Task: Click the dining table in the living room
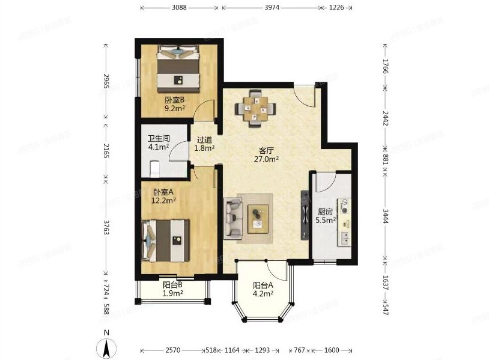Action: point(255,109)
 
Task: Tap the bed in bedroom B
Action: point(178,69)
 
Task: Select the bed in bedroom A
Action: point(165,240)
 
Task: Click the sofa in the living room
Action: point(233,218)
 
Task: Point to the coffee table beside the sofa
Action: point(258,219)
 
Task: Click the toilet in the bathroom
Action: point(155,168)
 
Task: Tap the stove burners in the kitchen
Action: point(345,207)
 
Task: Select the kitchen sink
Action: point(345,239)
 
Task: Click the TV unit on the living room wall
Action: point(305,215)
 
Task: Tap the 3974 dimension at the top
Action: point(272,7)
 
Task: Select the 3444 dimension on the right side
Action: point(386,216)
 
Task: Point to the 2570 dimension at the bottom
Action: point(173,350)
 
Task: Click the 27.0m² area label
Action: point(266,159)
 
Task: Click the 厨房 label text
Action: point(325,212)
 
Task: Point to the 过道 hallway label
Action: point(204,140)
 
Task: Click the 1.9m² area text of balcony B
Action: point(173,293)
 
